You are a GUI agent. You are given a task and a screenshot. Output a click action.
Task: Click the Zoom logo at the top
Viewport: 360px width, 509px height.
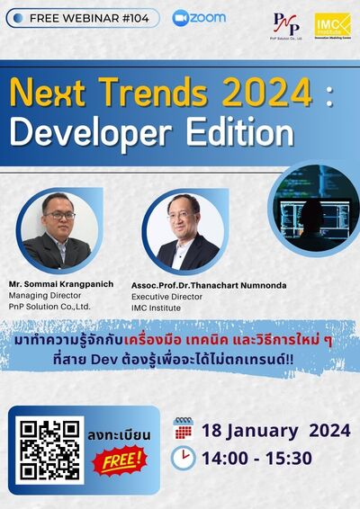pos(199,17)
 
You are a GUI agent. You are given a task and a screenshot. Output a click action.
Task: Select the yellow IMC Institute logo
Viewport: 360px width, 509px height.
pos(332,25)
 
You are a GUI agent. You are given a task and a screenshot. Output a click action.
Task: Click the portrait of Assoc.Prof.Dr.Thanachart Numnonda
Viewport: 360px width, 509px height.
pos(186,231)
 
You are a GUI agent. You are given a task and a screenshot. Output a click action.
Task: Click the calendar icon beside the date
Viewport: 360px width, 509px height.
pos(183,429)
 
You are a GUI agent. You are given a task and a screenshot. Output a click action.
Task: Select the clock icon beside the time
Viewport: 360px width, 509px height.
pos(183,459)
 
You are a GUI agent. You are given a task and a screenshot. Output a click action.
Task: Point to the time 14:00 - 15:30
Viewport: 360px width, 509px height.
pos(256,459)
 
